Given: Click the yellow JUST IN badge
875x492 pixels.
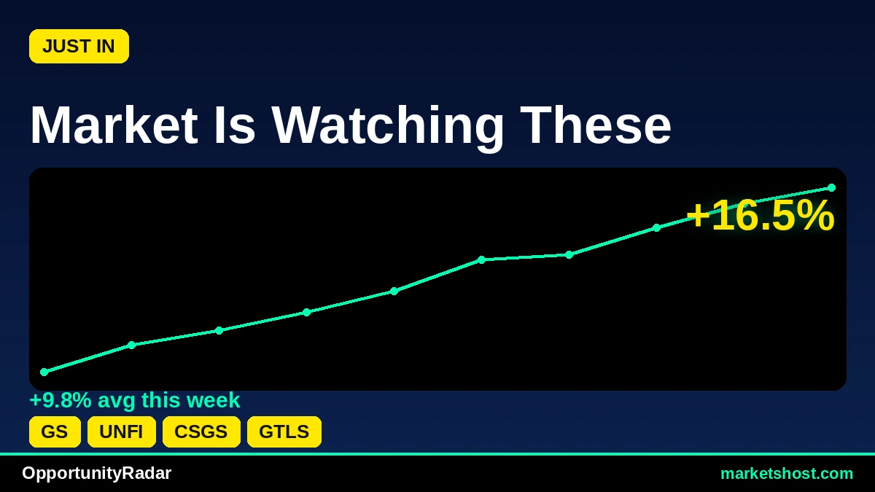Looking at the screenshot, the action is click(79, 46).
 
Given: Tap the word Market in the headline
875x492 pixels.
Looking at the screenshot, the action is click(114, 125).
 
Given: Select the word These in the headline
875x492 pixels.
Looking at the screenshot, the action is click(596, 125).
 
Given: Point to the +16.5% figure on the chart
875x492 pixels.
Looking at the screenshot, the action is click(760, 216).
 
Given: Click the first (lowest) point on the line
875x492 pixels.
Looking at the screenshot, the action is click(44, 372).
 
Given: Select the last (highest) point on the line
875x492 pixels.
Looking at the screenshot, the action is click(832, 188).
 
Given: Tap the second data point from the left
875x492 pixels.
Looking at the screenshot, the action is click(132, 345).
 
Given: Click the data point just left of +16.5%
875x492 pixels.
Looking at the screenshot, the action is click(657, 227).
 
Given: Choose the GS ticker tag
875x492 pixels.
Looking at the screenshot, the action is click(55, 432).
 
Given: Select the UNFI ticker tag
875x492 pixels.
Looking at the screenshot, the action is click(122, 432).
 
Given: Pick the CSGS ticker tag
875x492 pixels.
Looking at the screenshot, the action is click(201, 432).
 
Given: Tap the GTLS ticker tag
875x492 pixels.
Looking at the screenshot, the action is click(284, 432).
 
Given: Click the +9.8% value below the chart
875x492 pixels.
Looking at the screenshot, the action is click(61, 400).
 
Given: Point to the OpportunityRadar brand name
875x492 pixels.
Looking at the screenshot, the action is click(96, 473).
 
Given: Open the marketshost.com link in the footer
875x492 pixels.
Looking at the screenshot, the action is click(787, 474).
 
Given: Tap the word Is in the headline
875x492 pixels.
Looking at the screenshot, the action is click(234, 125).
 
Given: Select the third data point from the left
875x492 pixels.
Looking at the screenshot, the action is click(219, 330).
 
